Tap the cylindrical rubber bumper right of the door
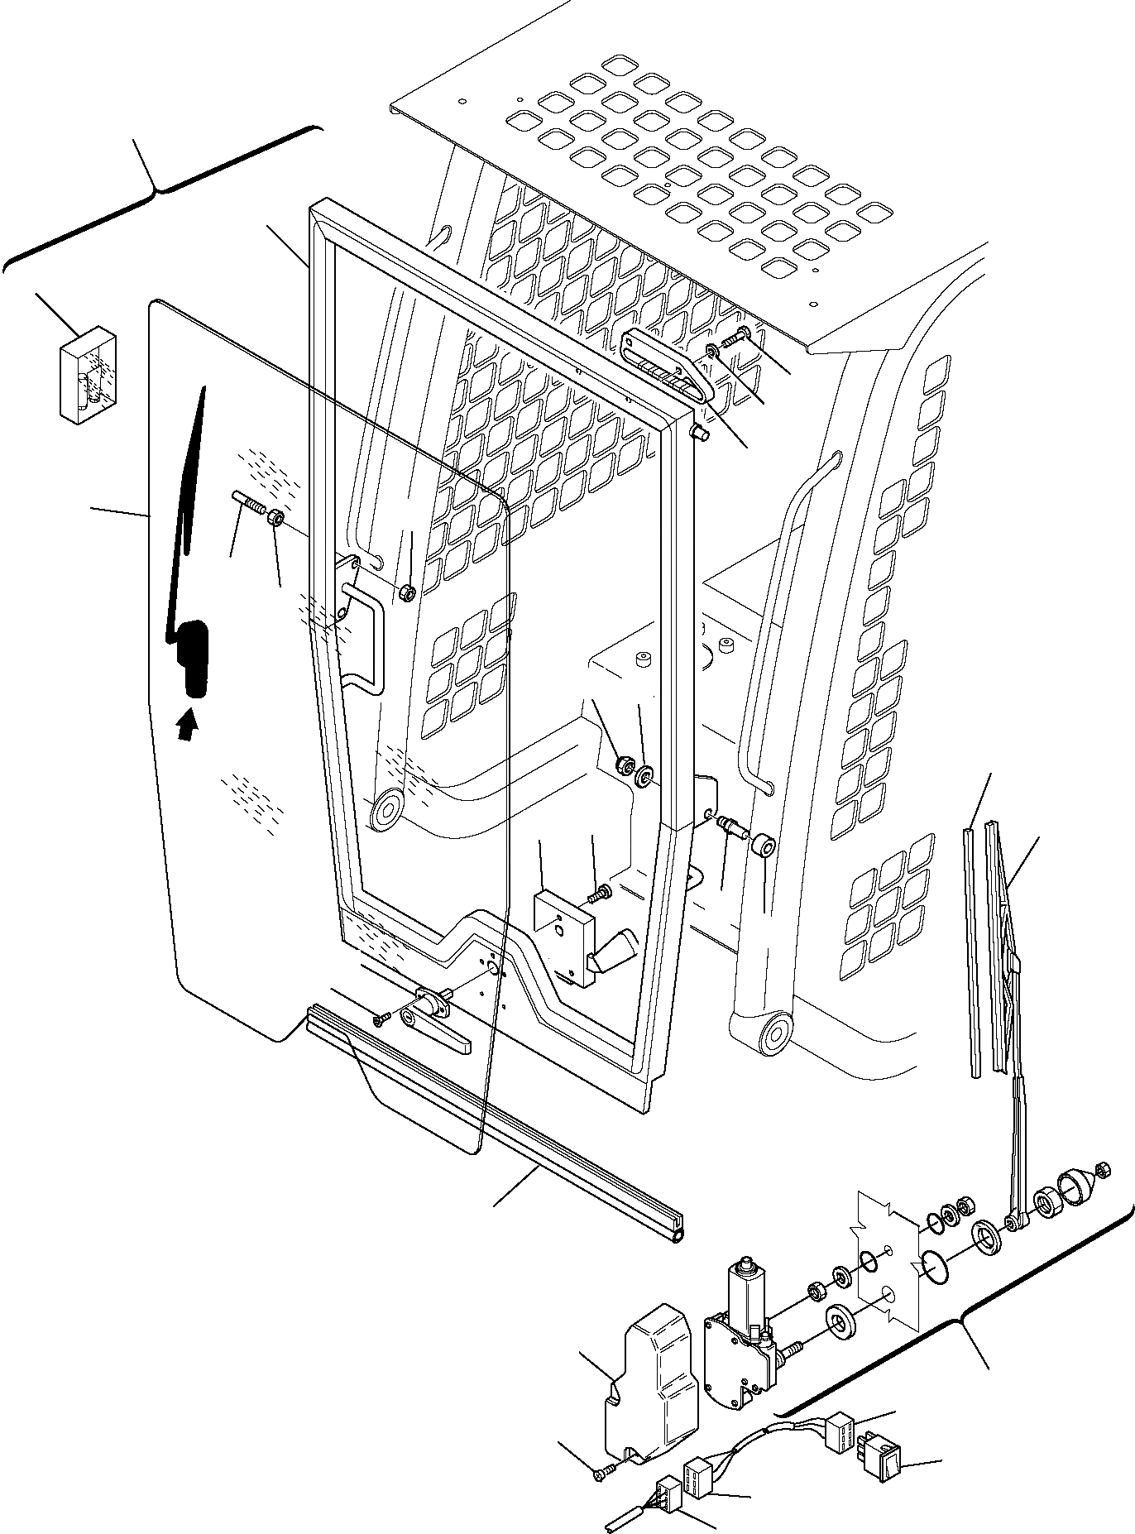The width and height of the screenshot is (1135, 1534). pyautogui.click(x=763, y=846)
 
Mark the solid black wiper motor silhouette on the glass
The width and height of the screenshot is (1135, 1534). pyautogui.click(x=193, y=658)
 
